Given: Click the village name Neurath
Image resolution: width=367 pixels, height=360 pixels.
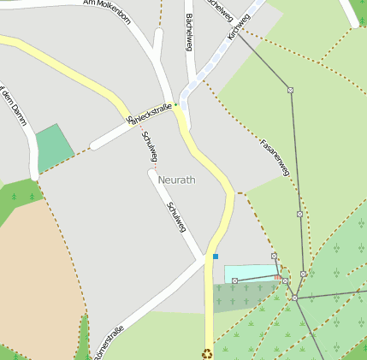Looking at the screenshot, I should coord(177,180).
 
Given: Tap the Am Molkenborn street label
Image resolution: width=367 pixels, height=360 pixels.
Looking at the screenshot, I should coord(107,11).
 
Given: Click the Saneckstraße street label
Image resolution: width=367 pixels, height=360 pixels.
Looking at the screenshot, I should coord(149,113).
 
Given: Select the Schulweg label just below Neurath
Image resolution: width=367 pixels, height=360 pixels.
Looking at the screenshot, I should coord(177,216).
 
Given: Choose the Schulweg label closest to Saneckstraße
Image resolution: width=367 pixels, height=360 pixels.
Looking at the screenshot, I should coord(149,145).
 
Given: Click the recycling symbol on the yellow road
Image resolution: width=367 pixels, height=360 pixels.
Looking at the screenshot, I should coord(206,353).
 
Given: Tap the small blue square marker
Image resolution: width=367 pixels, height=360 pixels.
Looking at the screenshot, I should coord(216,256).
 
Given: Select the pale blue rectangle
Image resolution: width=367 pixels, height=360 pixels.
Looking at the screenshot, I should coord(251,273).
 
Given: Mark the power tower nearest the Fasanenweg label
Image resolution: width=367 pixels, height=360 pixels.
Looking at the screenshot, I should coord(290,90).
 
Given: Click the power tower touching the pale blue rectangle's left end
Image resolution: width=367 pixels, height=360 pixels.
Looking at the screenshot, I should coord(234,280).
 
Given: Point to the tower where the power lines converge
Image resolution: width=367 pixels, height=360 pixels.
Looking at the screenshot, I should coord(294,298).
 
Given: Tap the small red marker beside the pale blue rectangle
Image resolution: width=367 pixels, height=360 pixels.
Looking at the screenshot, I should coord(277,278).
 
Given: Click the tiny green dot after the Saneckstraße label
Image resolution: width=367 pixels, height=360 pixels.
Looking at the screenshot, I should coord(176,105).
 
